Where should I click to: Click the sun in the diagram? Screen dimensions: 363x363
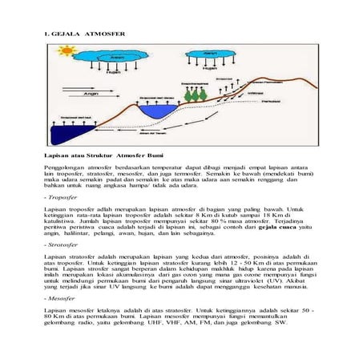(x=66, y=51)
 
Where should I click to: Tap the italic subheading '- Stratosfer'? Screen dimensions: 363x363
(x=60, y=244)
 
